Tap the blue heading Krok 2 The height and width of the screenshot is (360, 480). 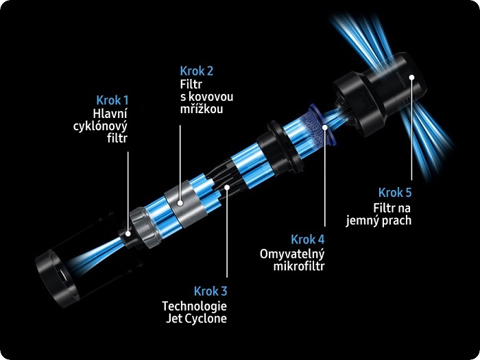196,71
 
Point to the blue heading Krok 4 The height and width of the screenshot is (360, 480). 308,239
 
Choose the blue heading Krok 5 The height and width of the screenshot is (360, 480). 395,193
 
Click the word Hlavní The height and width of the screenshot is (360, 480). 111,114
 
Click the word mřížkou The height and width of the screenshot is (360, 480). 200,109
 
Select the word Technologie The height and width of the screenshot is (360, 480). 194,305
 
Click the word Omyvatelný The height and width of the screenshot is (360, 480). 292,253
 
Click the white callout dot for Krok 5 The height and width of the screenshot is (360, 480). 412,77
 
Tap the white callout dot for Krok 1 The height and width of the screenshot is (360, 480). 128,235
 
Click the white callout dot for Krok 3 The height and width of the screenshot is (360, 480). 226,185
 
